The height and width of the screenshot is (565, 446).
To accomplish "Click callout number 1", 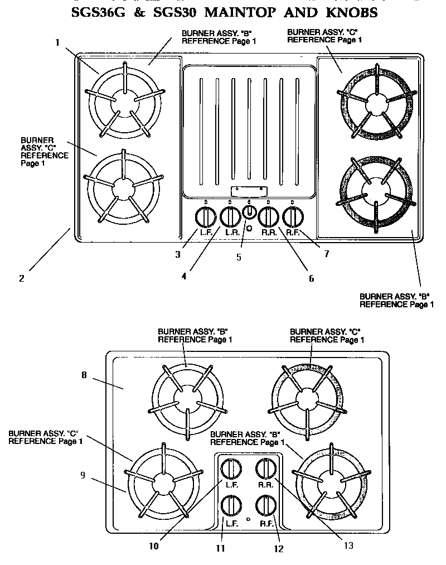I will [58, 42].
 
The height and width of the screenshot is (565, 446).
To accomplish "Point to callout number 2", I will [21, 278].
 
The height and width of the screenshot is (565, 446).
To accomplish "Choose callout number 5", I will [239, 257].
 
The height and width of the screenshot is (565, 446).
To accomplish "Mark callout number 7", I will [326, 254].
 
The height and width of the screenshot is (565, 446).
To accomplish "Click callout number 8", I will [84, 375].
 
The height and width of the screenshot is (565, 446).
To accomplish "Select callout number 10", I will [154, 546].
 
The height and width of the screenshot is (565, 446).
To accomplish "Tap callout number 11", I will [221, 548].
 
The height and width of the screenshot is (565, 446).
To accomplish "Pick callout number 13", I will [348, 545].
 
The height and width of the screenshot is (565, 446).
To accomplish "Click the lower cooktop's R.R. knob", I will [266, 469].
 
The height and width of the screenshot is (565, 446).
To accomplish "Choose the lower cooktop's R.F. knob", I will [266, 505].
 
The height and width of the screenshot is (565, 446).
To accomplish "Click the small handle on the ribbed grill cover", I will [249, 190].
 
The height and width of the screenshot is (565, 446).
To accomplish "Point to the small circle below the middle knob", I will [249, 228].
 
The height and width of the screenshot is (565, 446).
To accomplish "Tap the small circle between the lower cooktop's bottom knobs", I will [248, 519].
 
